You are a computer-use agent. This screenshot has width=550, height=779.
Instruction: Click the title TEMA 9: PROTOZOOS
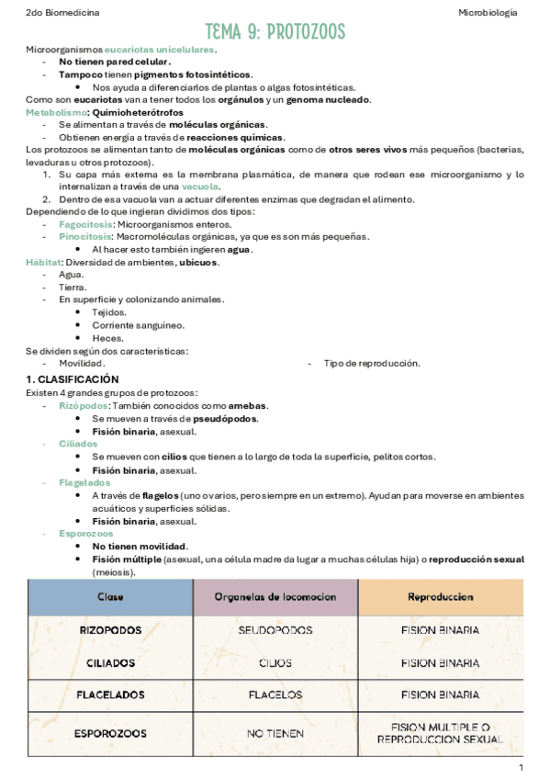(x=275, y=33)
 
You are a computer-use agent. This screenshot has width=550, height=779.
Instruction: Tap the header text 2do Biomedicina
(x=63, y=13)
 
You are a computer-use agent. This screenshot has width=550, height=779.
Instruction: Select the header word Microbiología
(x=487, y=13)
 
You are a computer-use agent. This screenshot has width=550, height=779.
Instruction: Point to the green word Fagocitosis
(x=86, y=224)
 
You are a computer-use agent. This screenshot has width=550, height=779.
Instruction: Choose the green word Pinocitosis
(x=87, y=237)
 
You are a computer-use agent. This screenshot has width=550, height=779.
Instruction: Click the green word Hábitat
(x=43, y=262)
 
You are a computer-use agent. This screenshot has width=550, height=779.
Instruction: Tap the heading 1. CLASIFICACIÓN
(x=73, y=379)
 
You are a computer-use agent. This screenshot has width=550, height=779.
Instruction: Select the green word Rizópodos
(x=84, y=406)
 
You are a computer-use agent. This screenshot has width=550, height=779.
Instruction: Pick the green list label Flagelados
(x=84, y=483)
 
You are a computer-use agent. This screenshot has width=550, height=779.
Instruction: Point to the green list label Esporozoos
(x=86, y=533)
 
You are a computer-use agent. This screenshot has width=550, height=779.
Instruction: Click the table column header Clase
(x=111, y=597)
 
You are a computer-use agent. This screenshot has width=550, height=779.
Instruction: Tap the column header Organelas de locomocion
(x=275, y=597)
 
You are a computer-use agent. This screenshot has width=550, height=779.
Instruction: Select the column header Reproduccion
(x=440, y=597)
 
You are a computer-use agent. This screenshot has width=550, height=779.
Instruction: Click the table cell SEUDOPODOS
(x=275, y=631)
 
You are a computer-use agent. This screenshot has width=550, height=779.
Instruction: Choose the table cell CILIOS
(x=275, y=663)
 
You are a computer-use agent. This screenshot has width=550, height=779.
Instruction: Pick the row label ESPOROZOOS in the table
(x=111, y=733)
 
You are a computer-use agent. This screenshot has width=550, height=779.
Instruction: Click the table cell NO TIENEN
(x=275, y=733)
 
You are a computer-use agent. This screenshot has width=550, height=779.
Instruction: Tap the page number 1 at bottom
(x=521, y=767)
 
